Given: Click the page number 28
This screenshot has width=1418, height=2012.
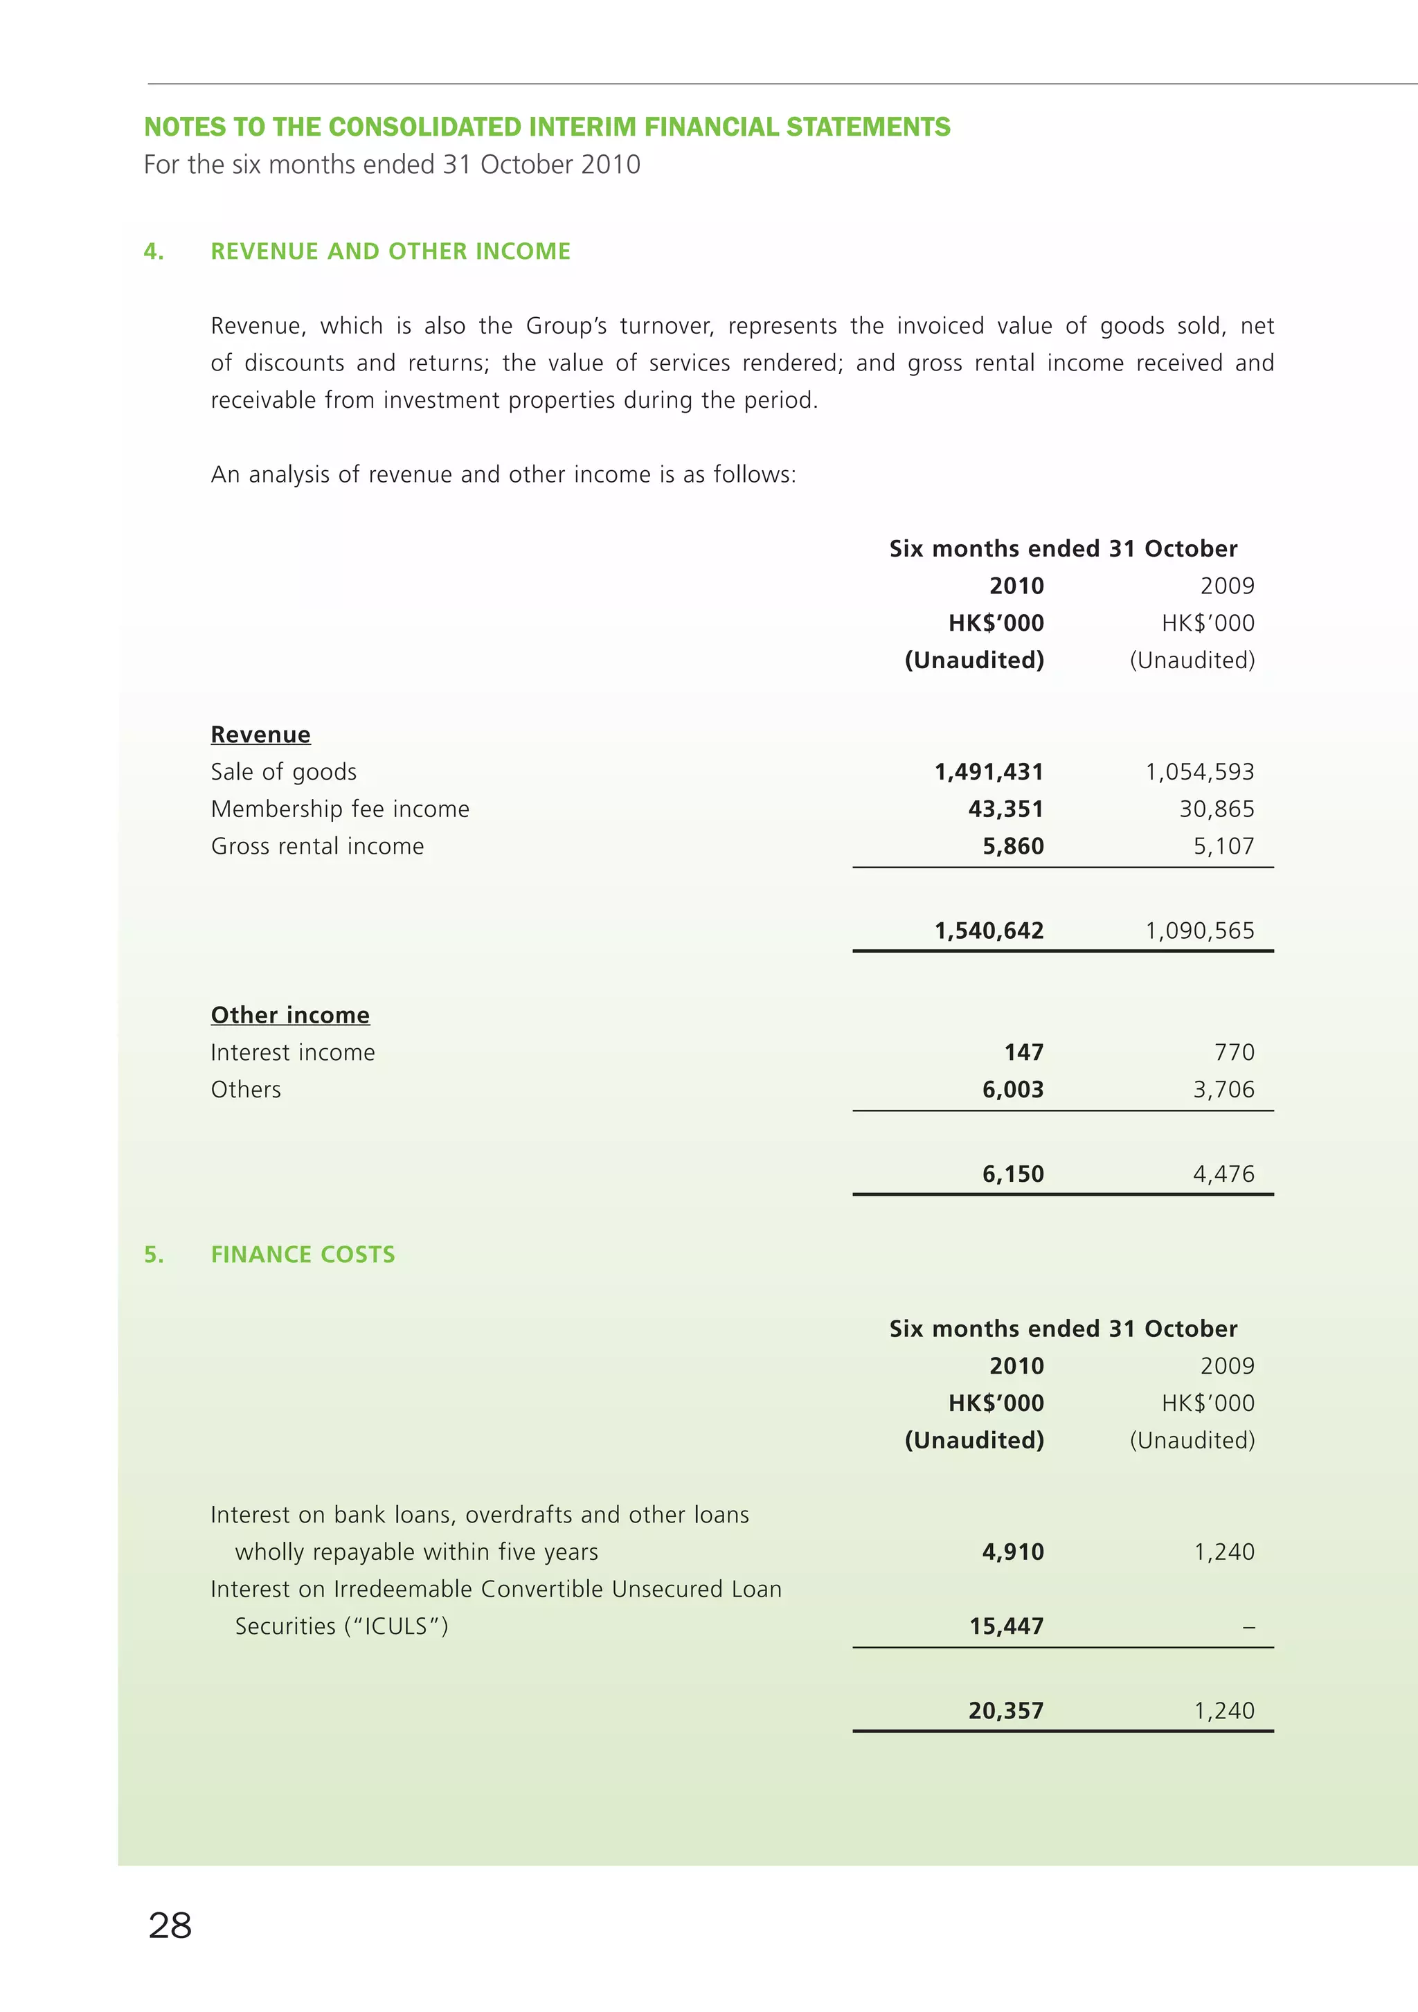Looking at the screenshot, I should pyautogui.click(x=170, y=1925).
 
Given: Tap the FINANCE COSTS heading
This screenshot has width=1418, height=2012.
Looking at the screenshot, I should pyautogui.click(x=303, y=1254).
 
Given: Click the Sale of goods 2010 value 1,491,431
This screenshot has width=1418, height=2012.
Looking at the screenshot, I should pyautogui.click(x=989, y=772).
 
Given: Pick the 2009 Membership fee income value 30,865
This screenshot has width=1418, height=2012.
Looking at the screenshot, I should pyautogui.click(x=1217, y=809).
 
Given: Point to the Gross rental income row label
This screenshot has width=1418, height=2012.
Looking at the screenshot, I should pyautogui.click(x=317, y=847).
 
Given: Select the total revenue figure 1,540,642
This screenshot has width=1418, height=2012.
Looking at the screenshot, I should pyautogui.click(x=989, y=931).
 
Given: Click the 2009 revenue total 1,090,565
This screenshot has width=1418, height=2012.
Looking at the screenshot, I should pyautogui.click(x=1199, y=931).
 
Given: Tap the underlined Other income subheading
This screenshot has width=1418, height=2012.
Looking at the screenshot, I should pyautogui.click(x=290, y=1015).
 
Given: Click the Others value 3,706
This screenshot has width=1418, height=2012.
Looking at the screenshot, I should pyautogui.click(x=1223, y=1089).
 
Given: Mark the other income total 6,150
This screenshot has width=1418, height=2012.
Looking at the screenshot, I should pyautogui.click(x=1012, y=1174).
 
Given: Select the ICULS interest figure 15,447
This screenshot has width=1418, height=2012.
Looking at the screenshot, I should pyautogui.click(x=1006, y=1626).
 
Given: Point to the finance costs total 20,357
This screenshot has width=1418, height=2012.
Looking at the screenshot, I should pyautogui.click(x=1006, y=1711).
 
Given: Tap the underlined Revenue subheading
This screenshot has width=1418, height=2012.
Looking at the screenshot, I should pyautogui.click(x=260, y=735).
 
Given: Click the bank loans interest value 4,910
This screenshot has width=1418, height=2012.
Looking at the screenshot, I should pyautogui.click(x=1012, y=1552).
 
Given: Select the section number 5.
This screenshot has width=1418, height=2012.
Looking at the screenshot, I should pyautogui.click(x=154, y=1254).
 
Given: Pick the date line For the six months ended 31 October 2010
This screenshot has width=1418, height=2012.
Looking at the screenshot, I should pyautogui.click(x=392, y=165).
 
